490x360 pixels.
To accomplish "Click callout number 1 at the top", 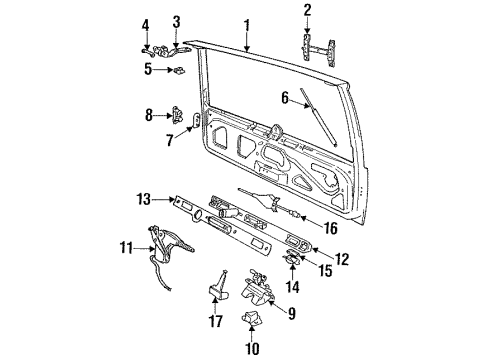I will pos(245,21).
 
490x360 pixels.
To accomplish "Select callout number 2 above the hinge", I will pos(307,12).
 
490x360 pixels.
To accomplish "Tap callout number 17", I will pos(213,320).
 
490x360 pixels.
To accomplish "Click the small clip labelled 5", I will pos(178,70).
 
